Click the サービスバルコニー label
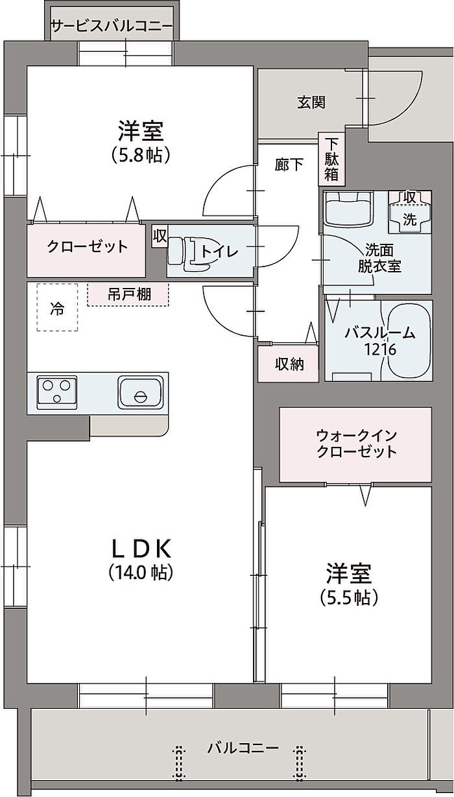(x=112, y=26)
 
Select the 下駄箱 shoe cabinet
(x=331, y=159)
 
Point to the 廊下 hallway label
(x=289, y=164)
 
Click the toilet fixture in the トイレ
(x=189, y=251)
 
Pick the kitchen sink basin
(x=141, y=392)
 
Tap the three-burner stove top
(x=56, y=392)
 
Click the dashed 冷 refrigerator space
(x=57, y=307)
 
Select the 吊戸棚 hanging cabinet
(x=128, y=294)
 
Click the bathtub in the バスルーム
(x=409, y=340)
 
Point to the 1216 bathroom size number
(x=379, y=350)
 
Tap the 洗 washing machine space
(x=410, y=213)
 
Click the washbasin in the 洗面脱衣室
(x=348, y=209)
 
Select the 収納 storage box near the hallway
(x=288, y=364)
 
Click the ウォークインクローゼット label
(x=357, y=444)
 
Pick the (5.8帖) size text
(x=141, y=155)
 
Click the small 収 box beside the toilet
(x=160, y=236)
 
